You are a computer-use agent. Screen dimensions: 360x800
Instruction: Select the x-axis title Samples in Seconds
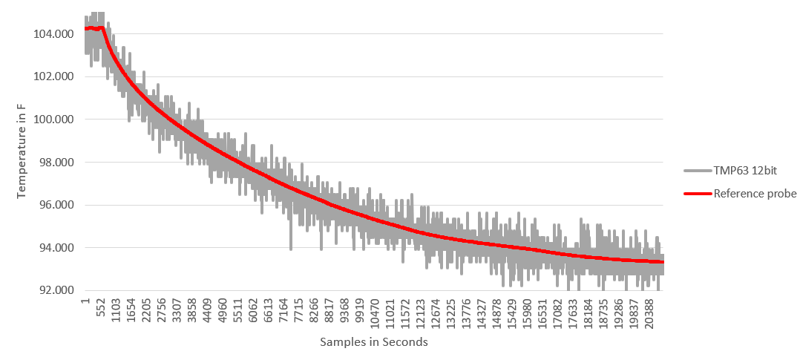coord(373,342)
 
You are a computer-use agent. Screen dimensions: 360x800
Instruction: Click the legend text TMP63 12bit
coord(745,171)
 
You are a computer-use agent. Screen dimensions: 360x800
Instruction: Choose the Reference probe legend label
coord(755,194)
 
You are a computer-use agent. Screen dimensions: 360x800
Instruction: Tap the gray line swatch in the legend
coord(697,171)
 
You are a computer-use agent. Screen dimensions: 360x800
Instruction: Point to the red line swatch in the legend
coord(697,194)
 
